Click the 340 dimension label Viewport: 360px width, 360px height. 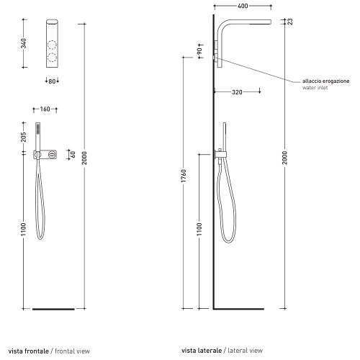[x=24, y=43]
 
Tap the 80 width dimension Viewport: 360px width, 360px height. [x=52, y=81]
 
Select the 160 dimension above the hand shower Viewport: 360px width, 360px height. [x=45, y=109]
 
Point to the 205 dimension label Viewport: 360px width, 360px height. [x=24, y=137]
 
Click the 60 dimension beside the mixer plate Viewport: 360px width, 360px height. [x=73, y=154]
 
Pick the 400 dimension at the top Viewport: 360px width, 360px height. [x=243, y=6]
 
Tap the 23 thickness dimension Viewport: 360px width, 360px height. [x=290, y=22]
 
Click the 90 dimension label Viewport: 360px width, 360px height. [x=199, y=51]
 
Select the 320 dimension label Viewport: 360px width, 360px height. [x=237, y=92]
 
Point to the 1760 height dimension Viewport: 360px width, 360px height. [x=184, y=176]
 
